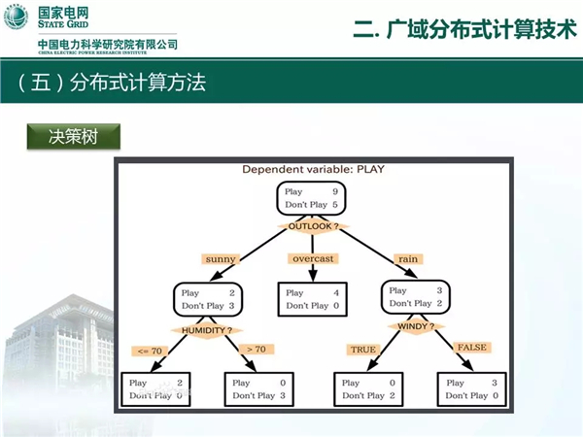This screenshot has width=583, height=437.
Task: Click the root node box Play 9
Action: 311,198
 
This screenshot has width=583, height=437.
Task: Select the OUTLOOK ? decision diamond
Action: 312,226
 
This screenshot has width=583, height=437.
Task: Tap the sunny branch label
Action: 221,259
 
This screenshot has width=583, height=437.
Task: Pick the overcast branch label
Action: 313,259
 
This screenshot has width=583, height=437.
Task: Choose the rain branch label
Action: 407,259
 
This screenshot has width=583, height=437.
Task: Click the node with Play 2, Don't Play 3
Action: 209,299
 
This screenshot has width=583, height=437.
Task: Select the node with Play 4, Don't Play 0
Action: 311,299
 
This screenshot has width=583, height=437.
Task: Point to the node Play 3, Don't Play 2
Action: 415,296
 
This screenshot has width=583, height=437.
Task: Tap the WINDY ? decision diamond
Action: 415,326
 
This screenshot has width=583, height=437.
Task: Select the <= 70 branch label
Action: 151,350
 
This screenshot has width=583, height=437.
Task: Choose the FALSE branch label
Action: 471,347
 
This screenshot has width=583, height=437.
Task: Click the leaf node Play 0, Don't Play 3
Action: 259,388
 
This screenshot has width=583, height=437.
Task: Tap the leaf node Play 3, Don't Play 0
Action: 472,388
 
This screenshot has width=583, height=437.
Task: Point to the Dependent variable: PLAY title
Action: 313,169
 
